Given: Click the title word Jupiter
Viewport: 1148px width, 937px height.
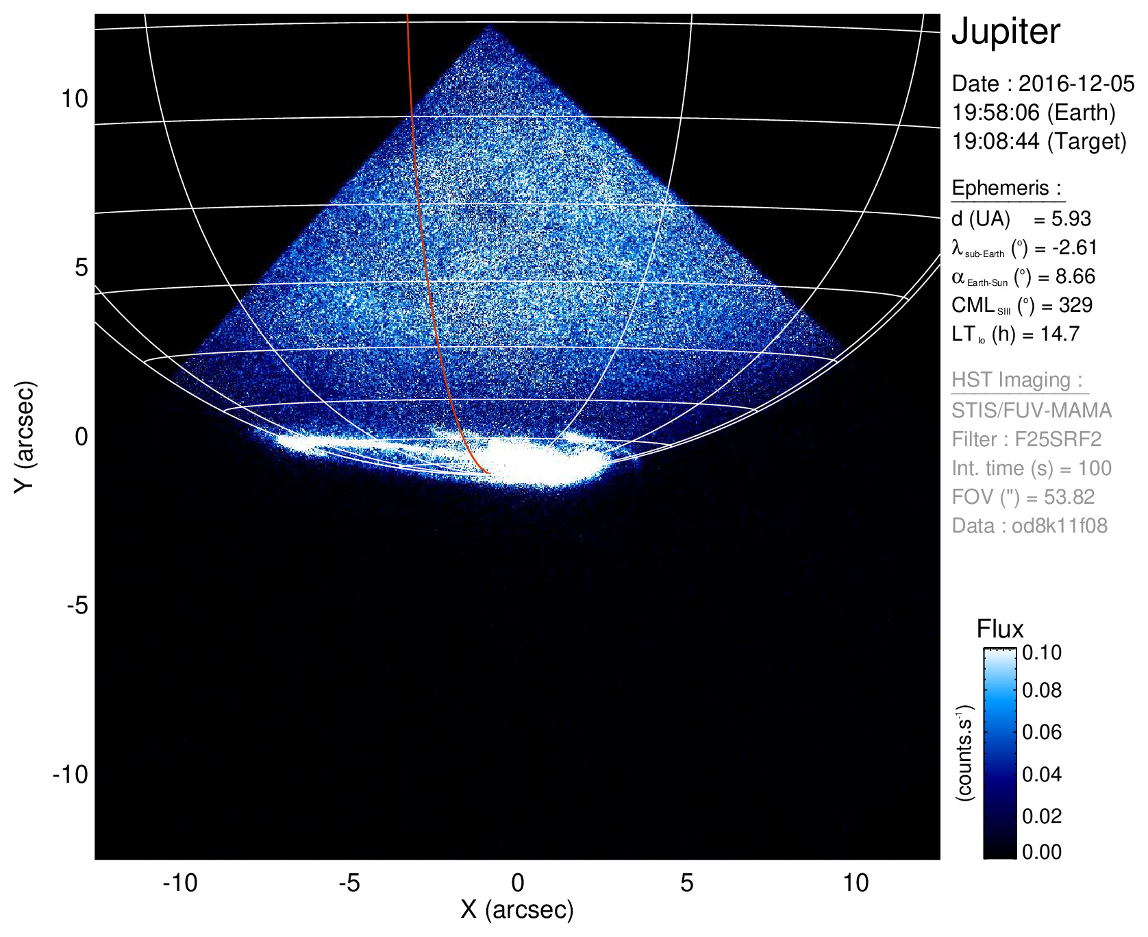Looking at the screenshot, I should click(1006, 32).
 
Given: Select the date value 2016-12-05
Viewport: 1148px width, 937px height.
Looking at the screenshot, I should click(1076, 84).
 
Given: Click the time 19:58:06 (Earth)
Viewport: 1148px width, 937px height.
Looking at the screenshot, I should click(1034, 112).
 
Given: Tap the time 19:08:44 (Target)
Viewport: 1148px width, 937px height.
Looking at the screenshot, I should click(1039, 141).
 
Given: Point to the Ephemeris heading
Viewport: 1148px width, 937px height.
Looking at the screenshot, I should click(1006, 188).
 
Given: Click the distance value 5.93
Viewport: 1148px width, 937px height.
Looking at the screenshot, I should click(1071, 219).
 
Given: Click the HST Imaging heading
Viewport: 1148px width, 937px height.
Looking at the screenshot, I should click(1017, 380).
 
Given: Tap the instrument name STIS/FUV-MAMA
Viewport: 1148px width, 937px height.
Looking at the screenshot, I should click(1032, 410).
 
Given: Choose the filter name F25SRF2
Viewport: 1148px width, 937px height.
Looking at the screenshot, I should click(1058, 439).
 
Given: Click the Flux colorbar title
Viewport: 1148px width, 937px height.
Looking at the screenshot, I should click(1000, 629).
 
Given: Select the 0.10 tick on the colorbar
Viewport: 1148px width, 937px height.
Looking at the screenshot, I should click(1042, 653).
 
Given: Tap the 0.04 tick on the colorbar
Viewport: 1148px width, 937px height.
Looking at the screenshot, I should click(1042, 774).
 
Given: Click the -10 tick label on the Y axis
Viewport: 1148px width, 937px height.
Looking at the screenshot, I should click(71, 775).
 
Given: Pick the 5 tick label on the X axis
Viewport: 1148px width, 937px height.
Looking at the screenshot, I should click(687, 883).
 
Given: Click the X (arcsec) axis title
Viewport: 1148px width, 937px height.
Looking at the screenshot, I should click(517, 910).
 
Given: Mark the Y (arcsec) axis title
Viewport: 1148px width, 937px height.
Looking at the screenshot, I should click(25, 436).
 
